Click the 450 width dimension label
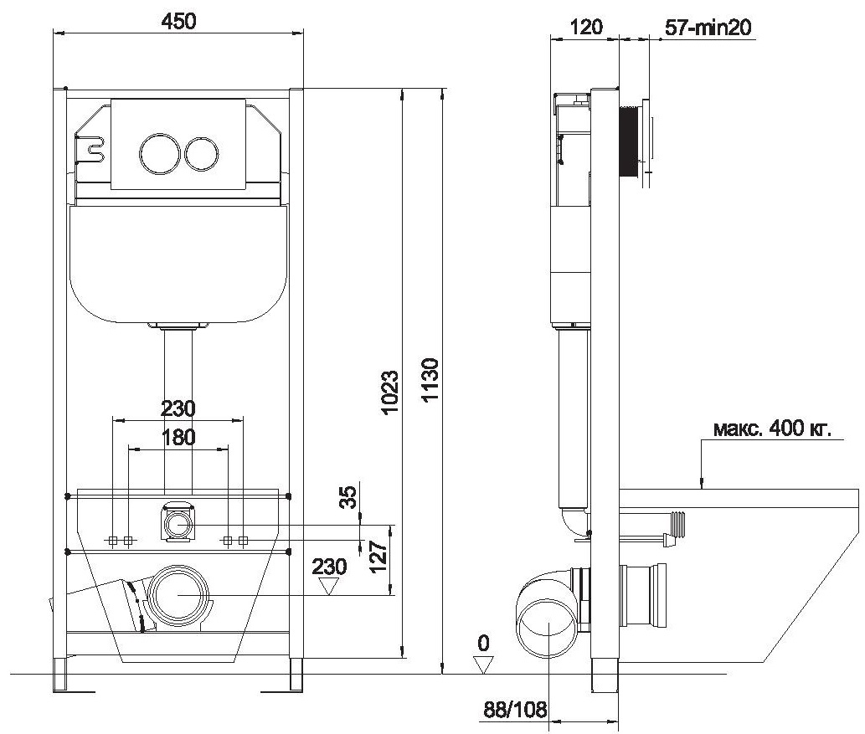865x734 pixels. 178,22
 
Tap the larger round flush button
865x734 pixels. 159,152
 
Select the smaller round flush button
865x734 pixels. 201,152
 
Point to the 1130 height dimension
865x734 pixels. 430,379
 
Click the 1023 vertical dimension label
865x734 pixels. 390,392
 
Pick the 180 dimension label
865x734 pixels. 178,438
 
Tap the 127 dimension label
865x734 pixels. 378,557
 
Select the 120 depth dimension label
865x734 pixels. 585,27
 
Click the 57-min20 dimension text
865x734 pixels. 708,27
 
